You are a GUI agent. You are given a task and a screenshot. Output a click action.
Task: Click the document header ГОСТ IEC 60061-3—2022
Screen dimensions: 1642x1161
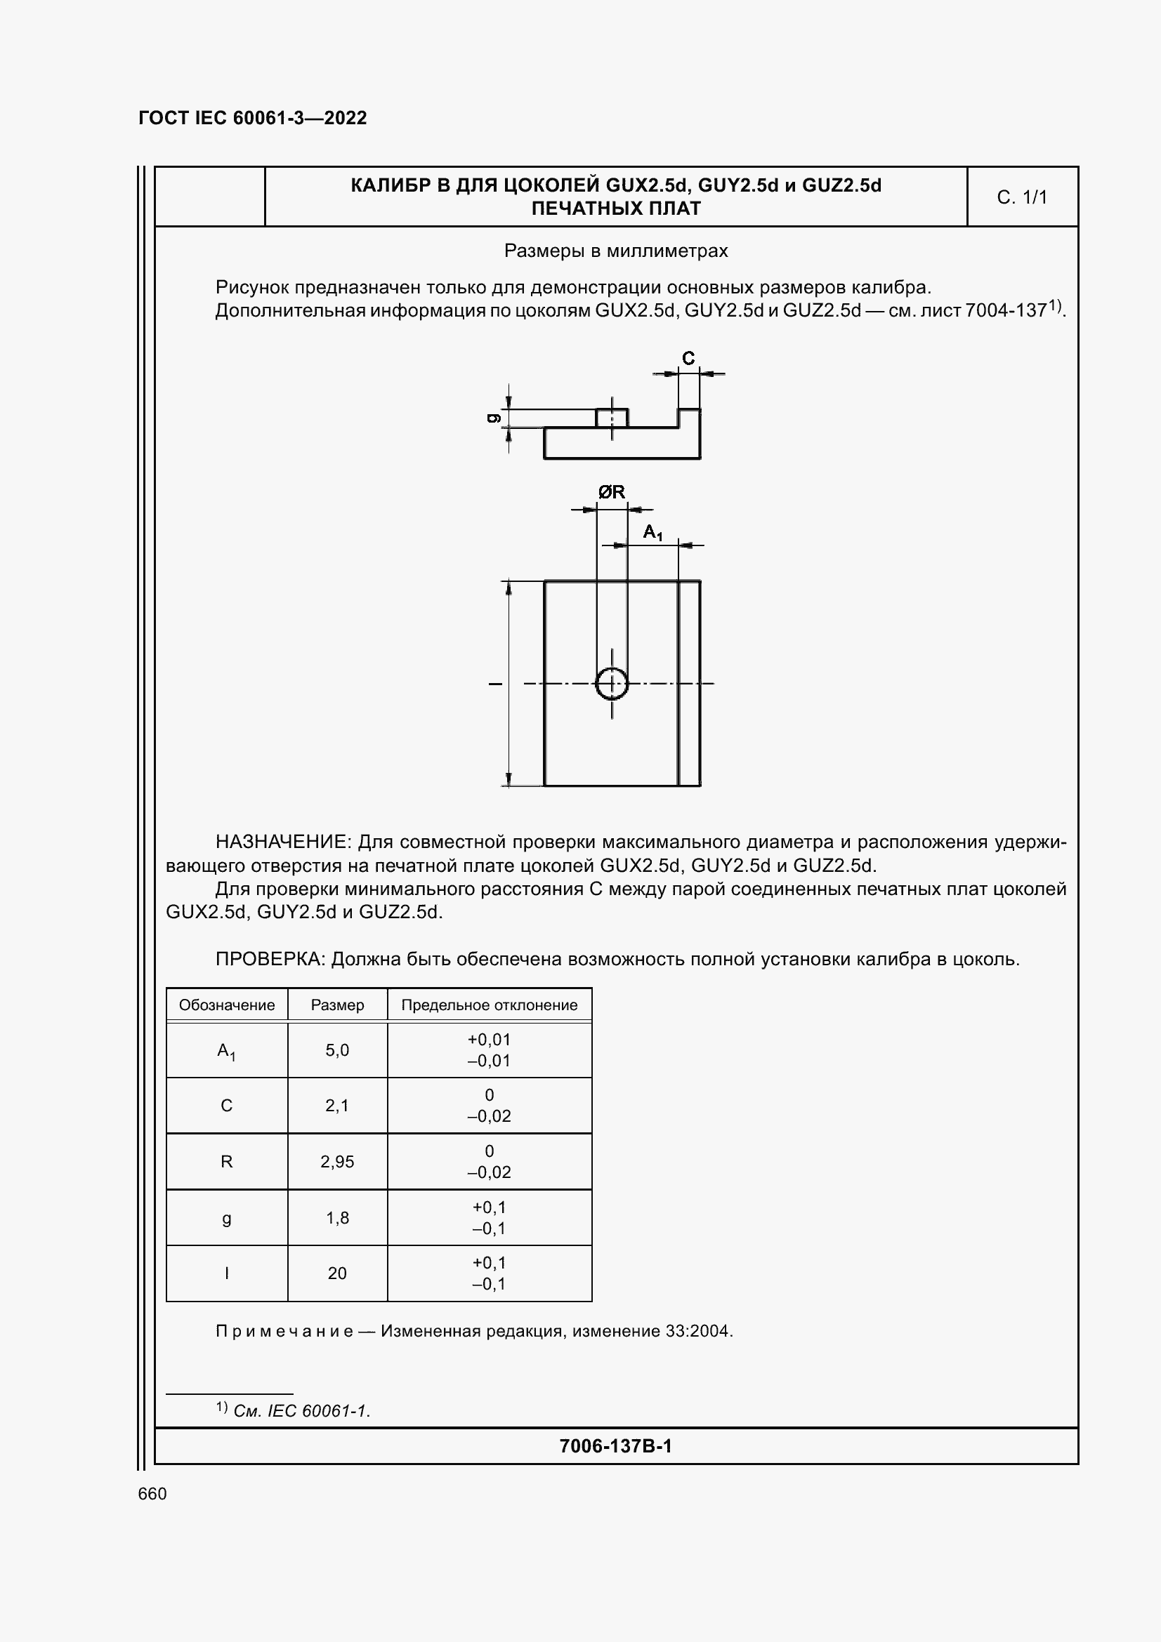(253, 118)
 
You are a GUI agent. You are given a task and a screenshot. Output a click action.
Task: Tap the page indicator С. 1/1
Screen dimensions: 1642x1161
(1021, 197)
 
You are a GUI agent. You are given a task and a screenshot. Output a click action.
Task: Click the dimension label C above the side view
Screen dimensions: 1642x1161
(688, 358)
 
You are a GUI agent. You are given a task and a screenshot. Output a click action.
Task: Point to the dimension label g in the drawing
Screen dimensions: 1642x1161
(493, 418)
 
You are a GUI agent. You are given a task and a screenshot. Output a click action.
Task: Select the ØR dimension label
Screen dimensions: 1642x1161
(612, 492)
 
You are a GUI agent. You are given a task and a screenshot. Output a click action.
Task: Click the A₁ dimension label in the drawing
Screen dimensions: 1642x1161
(652, 532)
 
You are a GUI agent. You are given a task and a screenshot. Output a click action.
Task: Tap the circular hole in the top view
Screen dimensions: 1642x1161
(612, 684)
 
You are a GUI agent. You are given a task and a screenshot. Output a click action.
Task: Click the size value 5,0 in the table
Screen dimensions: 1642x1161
(337, 1050)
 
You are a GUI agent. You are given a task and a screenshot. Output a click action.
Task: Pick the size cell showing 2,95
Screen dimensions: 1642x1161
(337, 1161)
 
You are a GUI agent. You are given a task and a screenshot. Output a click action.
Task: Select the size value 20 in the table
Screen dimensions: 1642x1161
(337, 1273)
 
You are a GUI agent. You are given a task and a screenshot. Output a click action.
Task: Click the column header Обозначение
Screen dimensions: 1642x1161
(227, 1005)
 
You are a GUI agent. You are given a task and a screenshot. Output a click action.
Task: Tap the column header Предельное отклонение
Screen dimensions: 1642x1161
(490, 1005)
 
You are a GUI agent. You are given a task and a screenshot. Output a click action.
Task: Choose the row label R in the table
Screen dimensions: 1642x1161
(227, 1161)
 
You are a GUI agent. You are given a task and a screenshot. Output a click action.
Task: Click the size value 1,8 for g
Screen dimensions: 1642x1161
(337, 1217)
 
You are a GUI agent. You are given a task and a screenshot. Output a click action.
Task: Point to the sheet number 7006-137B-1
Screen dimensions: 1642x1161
(615, 1446)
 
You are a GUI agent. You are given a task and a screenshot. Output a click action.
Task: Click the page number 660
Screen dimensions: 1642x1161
(152, 1493)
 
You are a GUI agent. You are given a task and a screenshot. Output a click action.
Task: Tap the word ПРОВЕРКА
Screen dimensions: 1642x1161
(270, 959)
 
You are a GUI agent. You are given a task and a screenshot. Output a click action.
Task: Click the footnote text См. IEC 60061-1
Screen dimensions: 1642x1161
(301, 1410)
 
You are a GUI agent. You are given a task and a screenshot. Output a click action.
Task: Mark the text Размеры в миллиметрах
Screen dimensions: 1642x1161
(616, 251)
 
